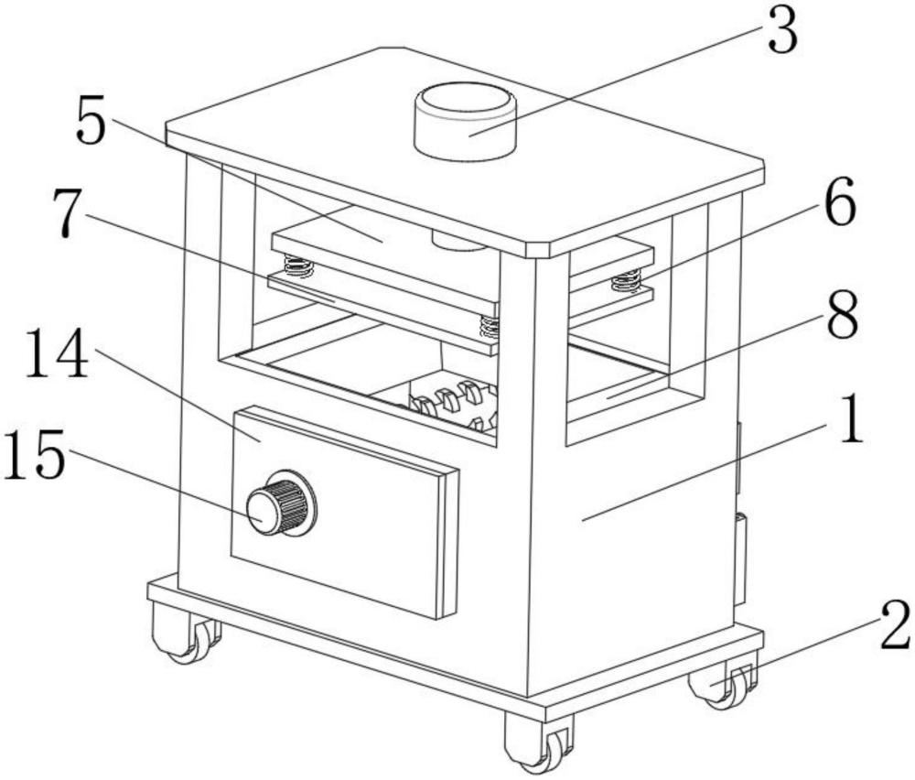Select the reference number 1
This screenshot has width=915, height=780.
point(851,423)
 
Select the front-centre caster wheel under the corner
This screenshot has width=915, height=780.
point(540,742)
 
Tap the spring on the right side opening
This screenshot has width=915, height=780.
point(626,280)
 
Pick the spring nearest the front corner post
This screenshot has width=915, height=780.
point(490,325)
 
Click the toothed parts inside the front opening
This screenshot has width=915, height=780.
point(448,403)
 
